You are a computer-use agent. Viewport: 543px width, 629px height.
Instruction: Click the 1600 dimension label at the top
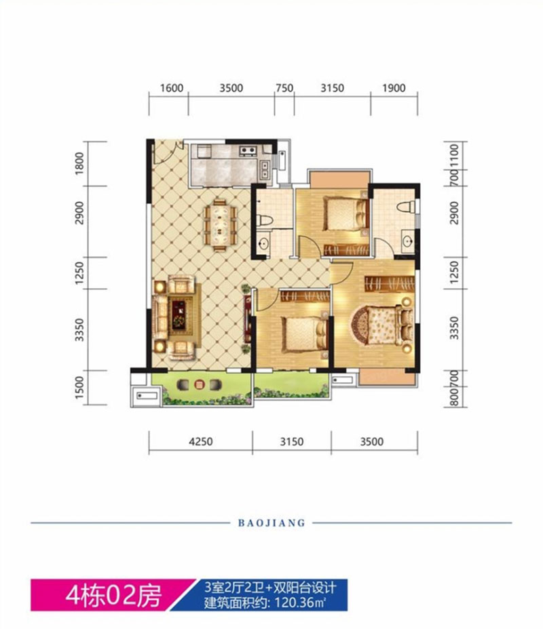click(x=172, y=88)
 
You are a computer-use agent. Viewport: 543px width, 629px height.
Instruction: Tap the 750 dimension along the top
click(x=284, y=88)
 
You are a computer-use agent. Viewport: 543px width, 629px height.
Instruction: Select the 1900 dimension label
click(x=394, y=88)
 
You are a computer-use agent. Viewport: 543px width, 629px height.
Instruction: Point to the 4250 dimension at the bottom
click(x=201, y=442)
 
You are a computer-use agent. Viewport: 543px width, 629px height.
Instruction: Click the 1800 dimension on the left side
click(x=80, y=163)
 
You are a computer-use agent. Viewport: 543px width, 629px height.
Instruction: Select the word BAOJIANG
click(x=271, y=523)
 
